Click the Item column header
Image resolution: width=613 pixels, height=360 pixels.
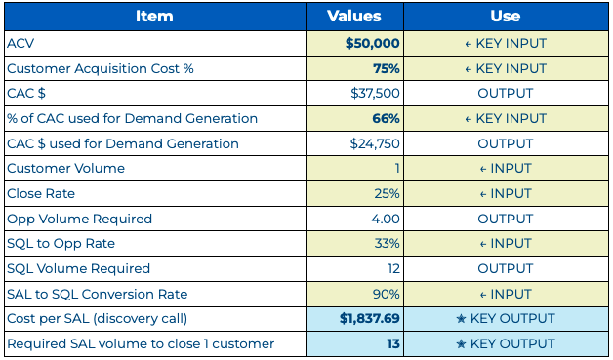[x=154, y=17]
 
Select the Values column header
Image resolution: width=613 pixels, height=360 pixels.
[x=353, y=17]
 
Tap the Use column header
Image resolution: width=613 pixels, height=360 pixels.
[x=505, y=17]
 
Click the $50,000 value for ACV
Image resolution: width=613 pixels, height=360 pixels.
[x=372, y=44]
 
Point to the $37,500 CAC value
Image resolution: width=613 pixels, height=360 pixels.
[x=375, y=94]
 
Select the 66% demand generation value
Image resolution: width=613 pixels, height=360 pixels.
[x=384, y=119]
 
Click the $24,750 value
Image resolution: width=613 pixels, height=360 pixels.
[x=375, y=143]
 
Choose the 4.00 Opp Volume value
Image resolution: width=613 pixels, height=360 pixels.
[x=384, y=219]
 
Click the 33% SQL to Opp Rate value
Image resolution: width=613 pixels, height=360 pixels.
[x=385, y=244]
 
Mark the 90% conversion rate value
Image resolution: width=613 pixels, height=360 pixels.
[x=385, y=294]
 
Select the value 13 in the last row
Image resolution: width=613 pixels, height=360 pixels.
[x=391, y=343]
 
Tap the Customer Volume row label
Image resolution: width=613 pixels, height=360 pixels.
[x=65, y=169]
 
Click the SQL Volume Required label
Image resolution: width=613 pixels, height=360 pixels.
[x=78, y=268]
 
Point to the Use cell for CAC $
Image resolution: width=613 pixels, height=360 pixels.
[x=505, y=94]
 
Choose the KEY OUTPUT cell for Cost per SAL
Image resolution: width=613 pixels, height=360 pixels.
[x=505, y=319]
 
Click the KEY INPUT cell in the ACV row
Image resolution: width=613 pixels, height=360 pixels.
[x=505, y=44]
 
